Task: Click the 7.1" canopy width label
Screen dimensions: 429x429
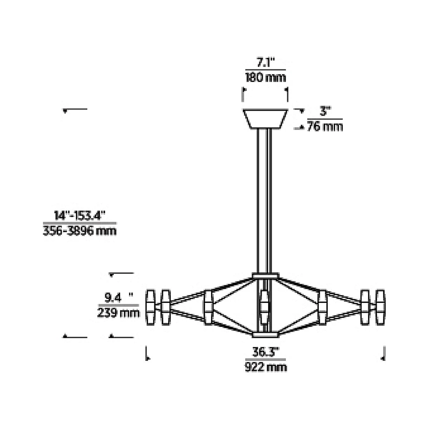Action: (265, 63)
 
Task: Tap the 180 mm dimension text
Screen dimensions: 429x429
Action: (265, 77)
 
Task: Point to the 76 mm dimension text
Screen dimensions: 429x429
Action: (325, 127)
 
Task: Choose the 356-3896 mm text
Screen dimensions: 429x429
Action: (80, 231)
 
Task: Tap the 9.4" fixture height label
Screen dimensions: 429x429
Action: (118, 297)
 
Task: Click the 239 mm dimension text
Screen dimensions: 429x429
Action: (118, 313)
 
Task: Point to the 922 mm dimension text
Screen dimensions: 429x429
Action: (265, 367)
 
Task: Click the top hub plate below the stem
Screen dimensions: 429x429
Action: (265, 276)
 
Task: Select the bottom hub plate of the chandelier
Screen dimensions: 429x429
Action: (265, 335)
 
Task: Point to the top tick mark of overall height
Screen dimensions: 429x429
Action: (75, 109)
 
